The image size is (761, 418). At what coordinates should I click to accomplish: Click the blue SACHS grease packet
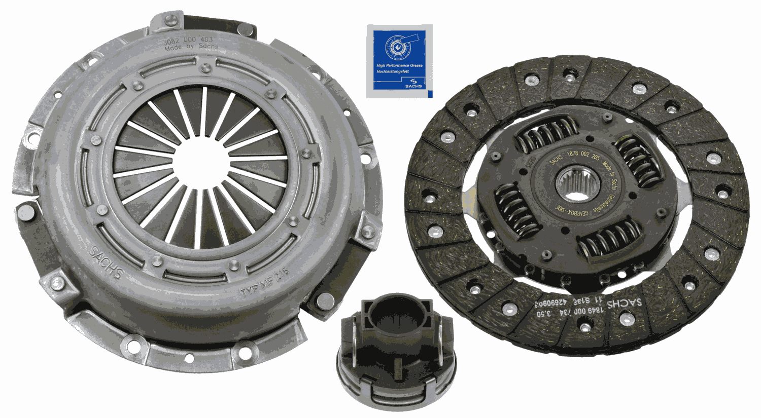pos(399,61)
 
